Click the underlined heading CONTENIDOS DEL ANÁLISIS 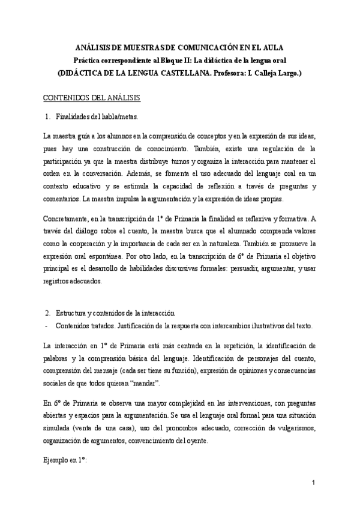pos(93,97)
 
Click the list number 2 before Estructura pos(47,313)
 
